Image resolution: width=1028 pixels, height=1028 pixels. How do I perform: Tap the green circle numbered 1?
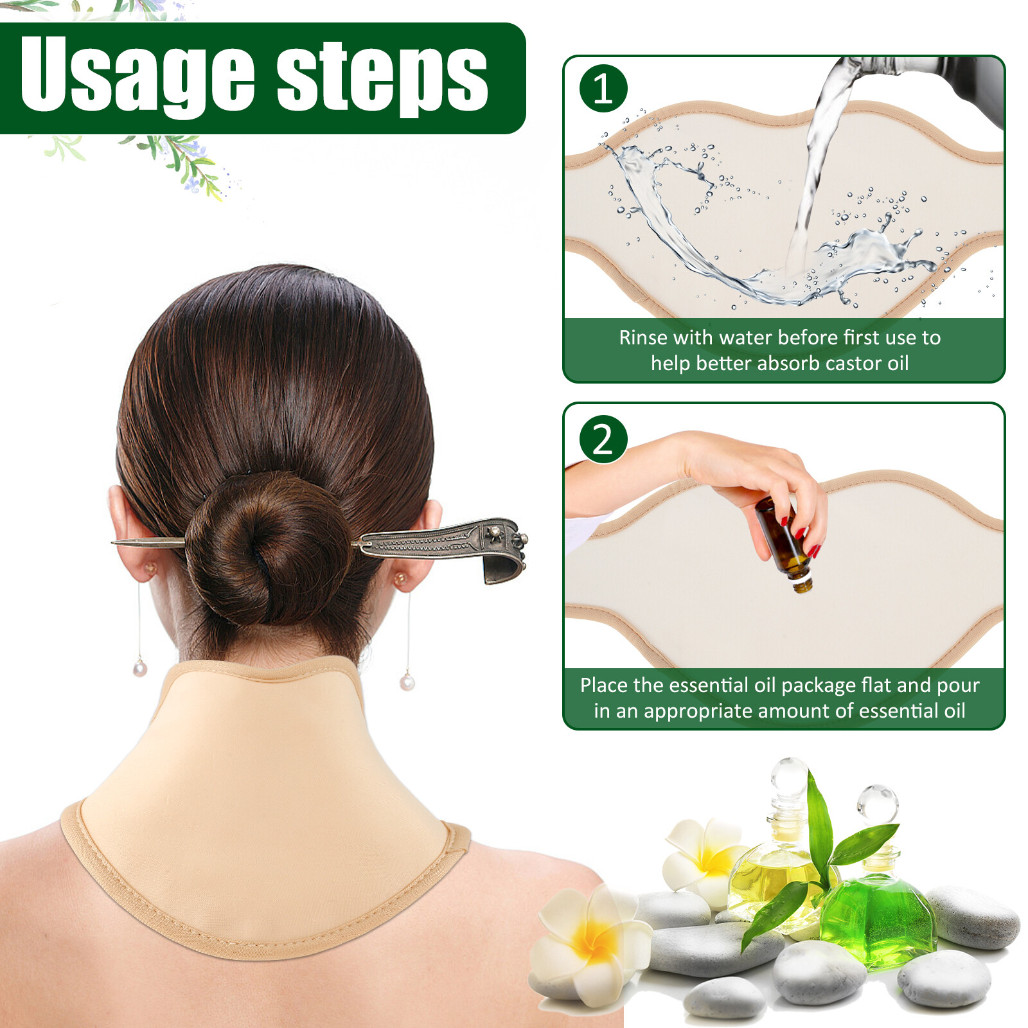click(603, 89)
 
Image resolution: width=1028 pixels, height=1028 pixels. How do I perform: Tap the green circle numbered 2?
click(603, 439)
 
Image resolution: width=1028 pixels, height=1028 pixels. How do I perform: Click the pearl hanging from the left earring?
click(140, 669)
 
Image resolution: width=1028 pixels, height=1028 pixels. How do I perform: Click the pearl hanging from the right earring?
click(407, 681)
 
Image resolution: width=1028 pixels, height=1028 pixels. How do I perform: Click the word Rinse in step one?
click(639, 338)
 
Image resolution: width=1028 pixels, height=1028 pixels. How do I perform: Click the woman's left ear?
click(128, 533)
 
